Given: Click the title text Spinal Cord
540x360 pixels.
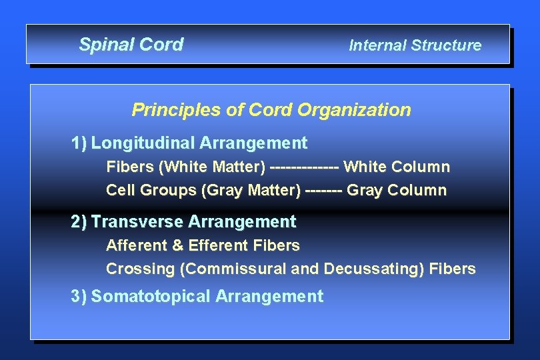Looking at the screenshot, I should click(131, 45).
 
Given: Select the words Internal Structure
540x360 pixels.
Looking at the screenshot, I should click(415, 45).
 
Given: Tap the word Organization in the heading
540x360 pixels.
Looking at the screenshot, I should click(354, 110).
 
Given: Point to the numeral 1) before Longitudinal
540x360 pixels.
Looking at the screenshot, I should click(79, 143).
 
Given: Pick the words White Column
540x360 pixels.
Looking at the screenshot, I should click(397, 167).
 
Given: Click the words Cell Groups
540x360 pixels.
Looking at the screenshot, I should click(151, 191).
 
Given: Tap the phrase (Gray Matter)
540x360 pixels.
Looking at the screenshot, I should click(251, 191).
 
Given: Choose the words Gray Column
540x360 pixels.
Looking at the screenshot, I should click(397, 191).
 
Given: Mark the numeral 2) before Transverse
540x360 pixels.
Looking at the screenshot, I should click(79, 221).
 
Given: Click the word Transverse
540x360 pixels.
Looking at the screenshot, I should click(137, 221).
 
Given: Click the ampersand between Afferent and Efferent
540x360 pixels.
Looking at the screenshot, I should click(177, 245).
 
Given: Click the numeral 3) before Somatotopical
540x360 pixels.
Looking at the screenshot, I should click(79, 297).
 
